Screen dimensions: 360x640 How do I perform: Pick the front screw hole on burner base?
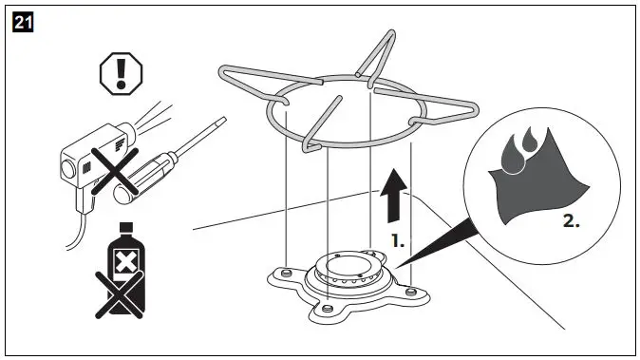pos(327,309)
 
